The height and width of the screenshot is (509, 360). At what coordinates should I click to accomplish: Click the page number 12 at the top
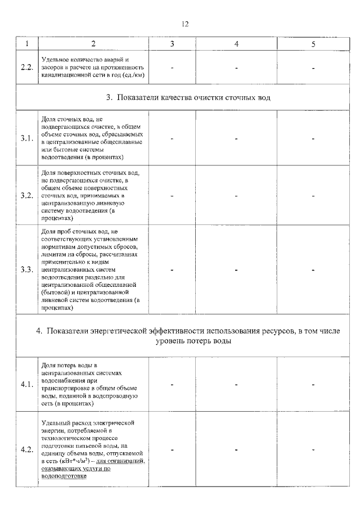185,24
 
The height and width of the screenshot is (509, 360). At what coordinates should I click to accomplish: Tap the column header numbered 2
93,43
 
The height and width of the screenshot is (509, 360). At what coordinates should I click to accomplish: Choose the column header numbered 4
236,43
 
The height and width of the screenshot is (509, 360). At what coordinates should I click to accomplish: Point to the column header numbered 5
313,43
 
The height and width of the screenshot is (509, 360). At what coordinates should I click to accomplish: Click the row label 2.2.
26,67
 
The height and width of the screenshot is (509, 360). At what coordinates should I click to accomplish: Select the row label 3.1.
26,138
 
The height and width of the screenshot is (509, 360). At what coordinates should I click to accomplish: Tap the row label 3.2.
26,196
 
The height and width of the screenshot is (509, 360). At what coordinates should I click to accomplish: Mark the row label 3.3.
26,269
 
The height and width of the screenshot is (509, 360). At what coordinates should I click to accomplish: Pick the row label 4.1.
26,385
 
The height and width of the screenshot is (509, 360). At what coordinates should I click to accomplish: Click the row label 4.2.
26,449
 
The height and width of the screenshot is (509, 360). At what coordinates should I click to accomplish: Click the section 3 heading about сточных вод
189,98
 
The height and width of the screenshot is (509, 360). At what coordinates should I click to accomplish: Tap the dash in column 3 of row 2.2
173,67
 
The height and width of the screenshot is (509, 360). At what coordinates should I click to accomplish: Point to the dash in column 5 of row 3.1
313,138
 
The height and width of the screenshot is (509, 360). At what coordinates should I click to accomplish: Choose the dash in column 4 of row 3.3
236,269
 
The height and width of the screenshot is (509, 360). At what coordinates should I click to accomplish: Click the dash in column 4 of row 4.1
236,385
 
